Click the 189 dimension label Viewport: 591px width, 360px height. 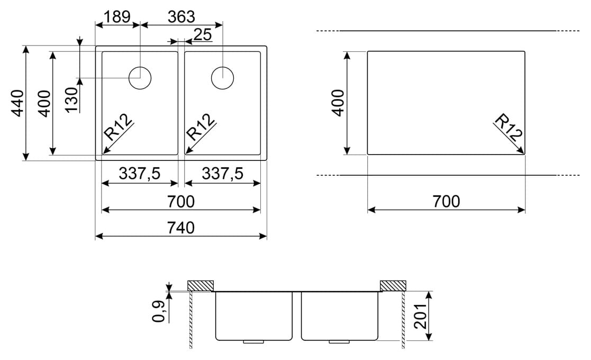coord(117,16)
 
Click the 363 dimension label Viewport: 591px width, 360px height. coord(181,16)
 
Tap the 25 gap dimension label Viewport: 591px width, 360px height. coord(203,35)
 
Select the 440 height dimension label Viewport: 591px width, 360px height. coord(17,103)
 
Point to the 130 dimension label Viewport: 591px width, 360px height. coord(71,100)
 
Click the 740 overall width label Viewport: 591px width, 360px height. coord(181,228)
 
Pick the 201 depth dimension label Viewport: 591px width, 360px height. coord(420,316)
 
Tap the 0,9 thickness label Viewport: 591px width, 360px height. coord(158,311)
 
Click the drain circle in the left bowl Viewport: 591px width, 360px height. coord(140,78)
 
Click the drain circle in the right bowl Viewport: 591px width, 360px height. coord(222,78)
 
